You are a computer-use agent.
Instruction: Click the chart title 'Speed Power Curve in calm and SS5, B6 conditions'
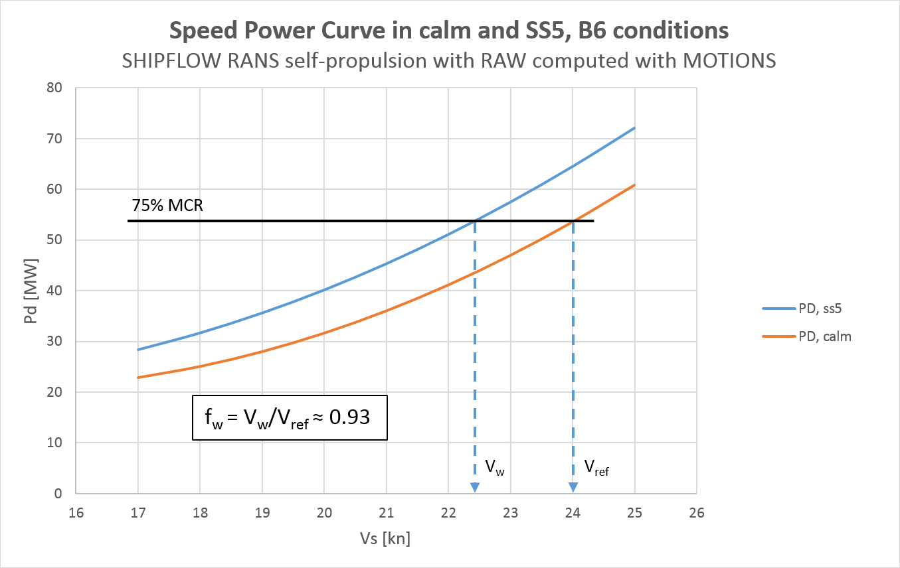point(450,31)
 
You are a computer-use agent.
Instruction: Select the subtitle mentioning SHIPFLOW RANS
point(450,60)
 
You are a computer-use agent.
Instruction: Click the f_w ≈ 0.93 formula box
point(290,418)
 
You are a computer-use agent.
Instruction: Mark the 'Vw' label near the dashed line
point(494,468)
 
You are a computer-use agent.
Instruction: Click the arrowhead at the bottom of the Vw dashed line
point(475,488)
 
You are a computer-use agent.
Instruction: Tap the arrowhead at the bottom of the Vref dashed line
point(573,488)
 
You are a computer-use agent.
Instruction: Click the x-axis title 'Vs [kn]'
point(387,539)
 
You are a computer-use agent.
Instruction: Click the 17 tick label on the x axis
point(138,513)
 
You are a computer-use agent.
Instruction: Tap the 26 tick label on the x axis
point(697,513)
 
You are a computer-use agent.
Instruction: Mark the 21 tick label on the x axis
point(387,513)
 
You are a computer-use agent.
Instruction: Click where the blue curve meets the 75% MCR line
point(475,221)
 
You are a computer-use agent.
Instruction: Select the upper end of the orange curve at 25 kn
point(635,185)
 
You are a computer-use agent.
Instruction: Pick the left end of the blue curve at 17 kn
point(138,350)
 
